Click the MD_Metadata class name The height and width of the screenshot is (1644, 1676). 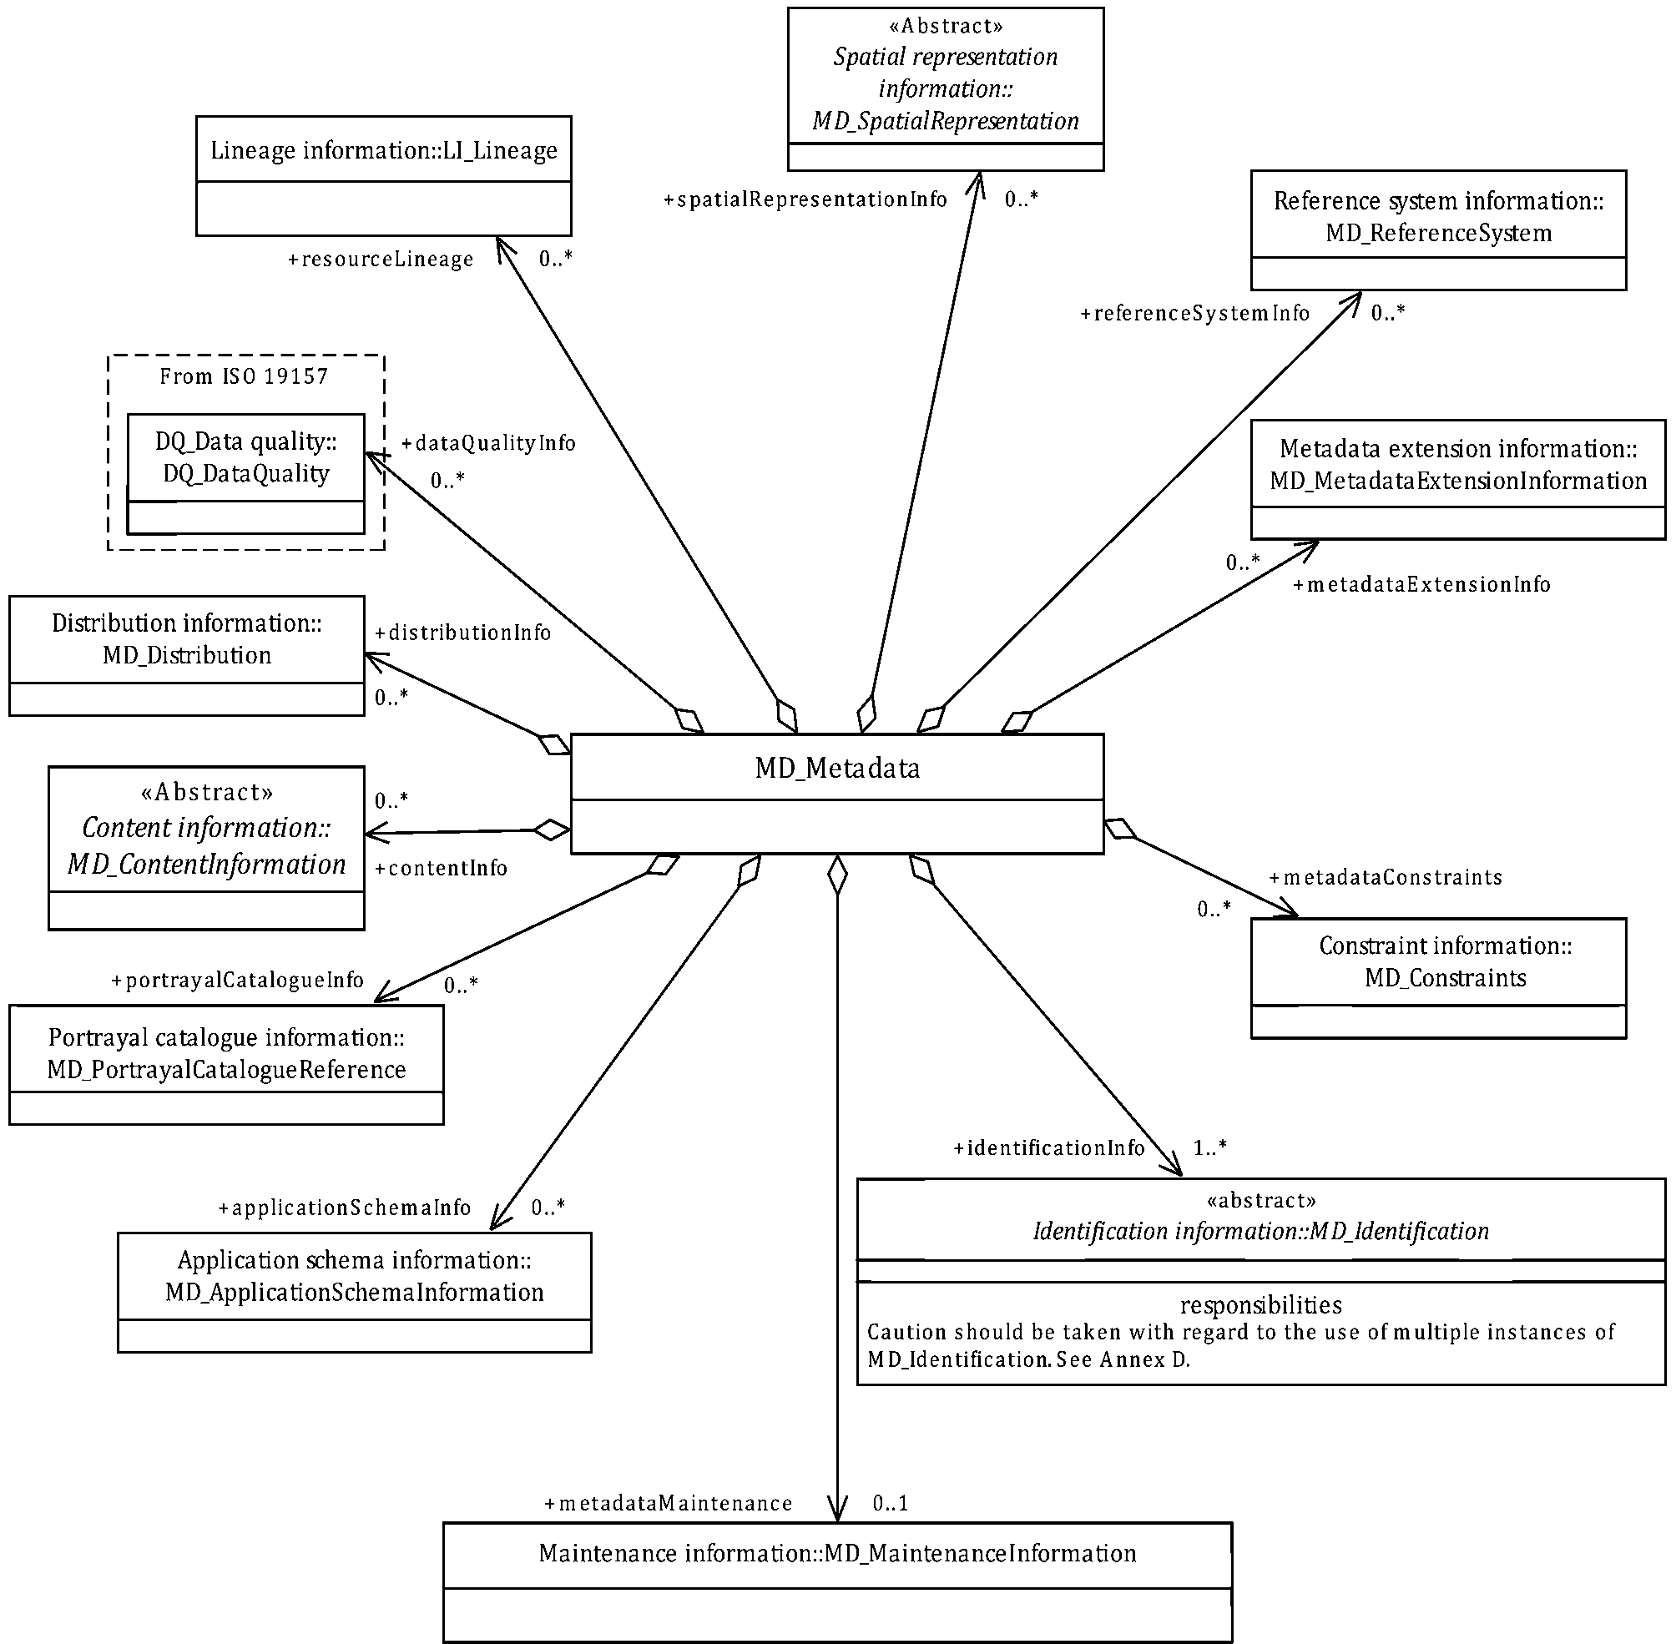click(x=836, y=768)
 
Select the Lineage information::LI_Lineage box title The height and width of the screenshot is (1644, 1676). click(x=383, y=150)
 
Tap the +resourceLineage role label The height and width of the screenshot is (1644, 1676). click(x=380, y=259)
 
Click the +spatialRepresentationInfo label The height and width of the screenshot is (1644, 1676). click(x=805, y=199)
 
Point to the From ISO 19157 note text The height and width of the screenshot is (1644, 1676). click(x=245, y=376)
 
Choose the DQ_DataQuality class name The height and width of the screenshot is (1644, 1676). click(x=246, y=473)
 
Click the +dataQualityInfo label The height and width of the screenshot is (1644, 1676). click(x=488, y=443)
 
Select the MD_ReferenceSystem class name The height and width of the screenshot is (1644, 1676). click(x=1439, y=233)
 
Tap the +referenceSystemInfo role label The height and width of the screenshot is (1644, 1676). click(x=1195, y=313)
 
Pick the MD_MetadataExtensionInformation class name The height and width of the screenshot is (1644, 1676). click(x=1458, y=481)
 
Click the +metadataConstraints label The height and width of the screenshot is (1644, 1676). click(x=1385, y=877)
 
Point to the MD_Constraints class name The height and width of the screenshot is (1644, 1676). click(x=1446, y=978)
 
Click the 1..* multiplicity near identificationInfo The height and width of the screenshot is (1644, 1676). click(x=1209, y=1147)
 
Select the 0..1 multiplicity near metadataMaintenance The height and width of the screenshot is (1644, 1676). click(x=891, y=1503)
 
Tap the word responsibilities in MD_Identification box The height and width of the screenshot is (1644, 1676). click(x=1260, y=1304)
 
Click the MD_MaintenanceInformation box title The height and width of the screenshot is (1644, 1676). click(x=836, y=1553)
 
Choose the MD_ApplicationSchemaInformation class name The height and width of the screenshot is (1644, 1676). click(x=354, y=1293)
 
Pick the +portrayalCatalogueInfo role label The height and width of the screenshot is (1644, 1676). click(x=237, y=981)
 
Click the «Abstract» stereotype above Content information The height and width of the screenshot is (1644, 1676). click(x=206, y=792)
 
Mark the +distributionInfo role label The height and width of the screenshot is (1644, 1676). click(x=462, y=633)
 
